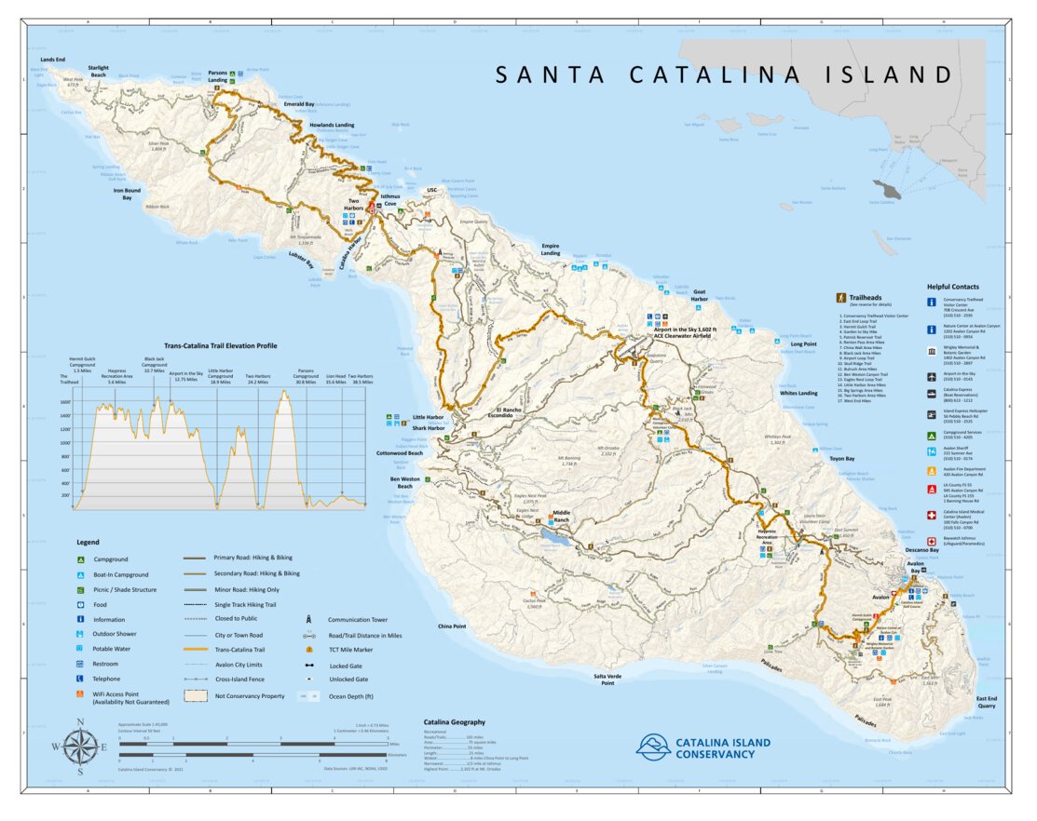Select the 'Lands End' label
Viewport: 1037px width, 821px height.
click(x=52, y=60)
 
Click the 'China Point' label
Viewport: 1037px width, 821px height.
click(x=452, y=626)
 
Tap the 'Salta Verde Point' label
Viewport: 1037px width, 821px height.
click(x=607, y=679)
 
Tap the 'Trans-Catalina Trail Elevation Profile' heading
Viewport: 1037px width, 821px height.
click(x=220, y=344)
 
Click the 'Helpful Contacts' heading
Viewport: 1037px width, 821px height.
click(x=952, y=287)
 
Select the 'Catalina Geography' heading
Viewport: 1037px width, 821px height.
click(x=454, y=721)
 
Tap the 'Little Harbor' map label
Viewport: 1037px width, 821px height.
click(x=429, y=417)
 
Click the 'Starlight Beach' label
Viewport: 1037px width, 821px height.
click(x=99, y=71)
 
